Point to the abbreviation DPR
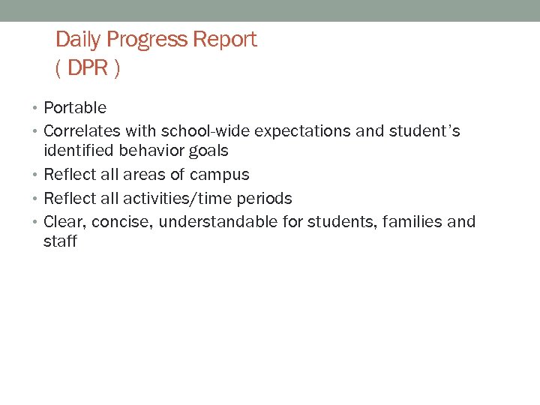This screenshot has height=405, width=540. [87, 69]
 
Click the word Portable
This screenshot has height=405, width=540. [75, 108]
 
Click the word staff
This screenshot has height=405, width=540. [60, 241]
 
